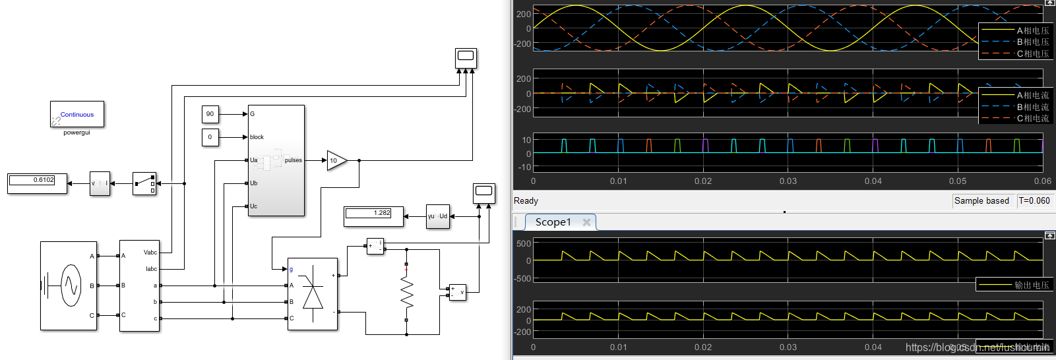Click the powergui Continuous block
[77, 114]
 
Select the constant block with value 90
[210, 114]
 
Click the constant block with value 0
[210, 137]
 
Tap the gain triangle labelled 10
[336, 160]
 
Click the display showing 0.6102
[37, 183]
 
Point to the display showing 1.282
[373, 216]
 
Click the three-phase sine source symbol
[70, 285]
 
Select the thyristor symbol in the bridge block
[313, 294]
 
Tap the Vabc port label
[150, 253]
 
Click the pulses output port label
[293, 160]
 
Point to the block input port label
[257, 137]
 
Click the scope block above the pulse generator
[466, 58]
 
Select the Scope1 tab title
[553, 222]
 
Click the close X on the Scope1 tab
[586, 222]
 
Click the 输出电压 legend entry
[1031, 285]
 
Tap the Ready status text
[526, 200]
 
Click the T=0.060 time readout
[1034, 200]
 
